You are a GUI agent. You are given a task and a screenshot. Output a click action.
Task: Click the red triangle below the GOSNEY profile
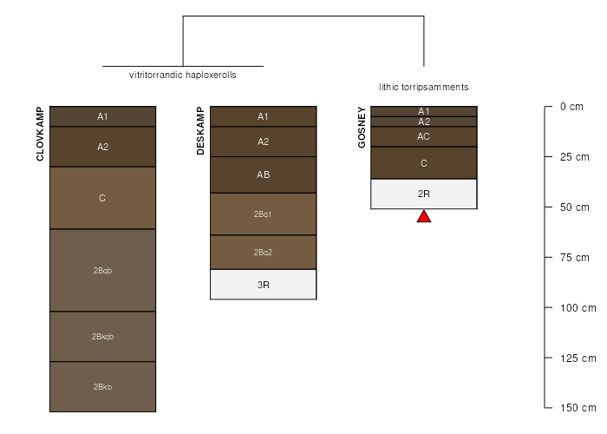click(424, 217)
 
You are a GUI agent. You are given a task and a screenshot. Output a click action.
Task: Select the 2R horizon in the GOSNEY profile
click(424, 194)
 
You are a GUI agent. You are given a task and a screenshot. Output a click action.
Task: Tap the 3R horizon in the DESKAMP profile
click(264, 285)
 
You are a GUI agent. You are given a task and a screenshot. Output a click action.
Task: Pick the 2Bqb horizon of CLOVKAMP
click(102, 270)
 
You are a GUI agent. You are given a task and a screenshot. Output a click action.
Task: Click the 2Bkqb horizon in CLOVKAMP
click(102, 337)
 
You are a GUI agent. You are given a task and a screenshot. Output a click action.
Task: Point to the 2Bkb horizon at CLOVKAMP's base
click(102, 387)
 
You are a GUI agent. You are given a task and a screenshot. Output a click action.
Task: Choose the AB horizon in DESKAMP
click(264, 174)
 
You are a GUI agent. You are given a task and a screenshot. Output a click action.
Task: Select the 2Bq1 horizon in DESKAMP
click(264, 214)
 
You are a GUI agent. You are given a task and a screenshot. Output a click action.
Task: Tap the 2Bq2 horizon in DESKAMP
click(264, 253)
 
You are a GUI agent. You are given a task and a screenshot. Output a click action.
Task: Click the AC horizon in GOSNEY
click(424, 136)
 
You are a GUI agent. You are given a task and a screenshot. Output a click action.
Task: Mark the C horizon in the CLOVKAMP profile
click(102, 198)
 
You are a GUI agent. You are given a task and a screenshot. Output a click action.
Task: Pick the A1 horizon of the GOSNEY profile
click(424, 111)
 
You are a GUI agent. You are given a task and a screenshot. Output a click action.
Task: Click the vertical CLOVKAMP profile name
click(40, 134)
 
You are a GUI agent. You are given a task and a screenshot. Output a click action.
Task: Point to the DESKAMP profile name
click(200, 131)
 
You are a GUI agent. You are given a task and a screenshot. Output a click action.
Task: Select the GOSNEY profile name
click(362, 127)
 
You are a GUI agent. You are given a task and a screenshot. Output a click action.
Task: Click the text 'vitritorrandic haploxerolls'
click(183, 75)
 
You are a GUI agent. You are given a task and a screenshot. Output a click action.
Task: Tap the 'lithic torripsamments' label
click(424, 87)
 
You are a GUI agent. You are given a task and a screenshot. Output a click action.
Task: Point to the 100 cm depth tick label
click(578, 308)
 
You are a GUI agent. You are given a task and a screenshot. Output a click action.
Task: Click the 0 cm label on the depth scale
click(571, 107)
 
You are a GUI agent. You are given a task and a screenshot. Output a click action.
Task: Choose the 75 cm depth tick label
click(574, 258)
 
